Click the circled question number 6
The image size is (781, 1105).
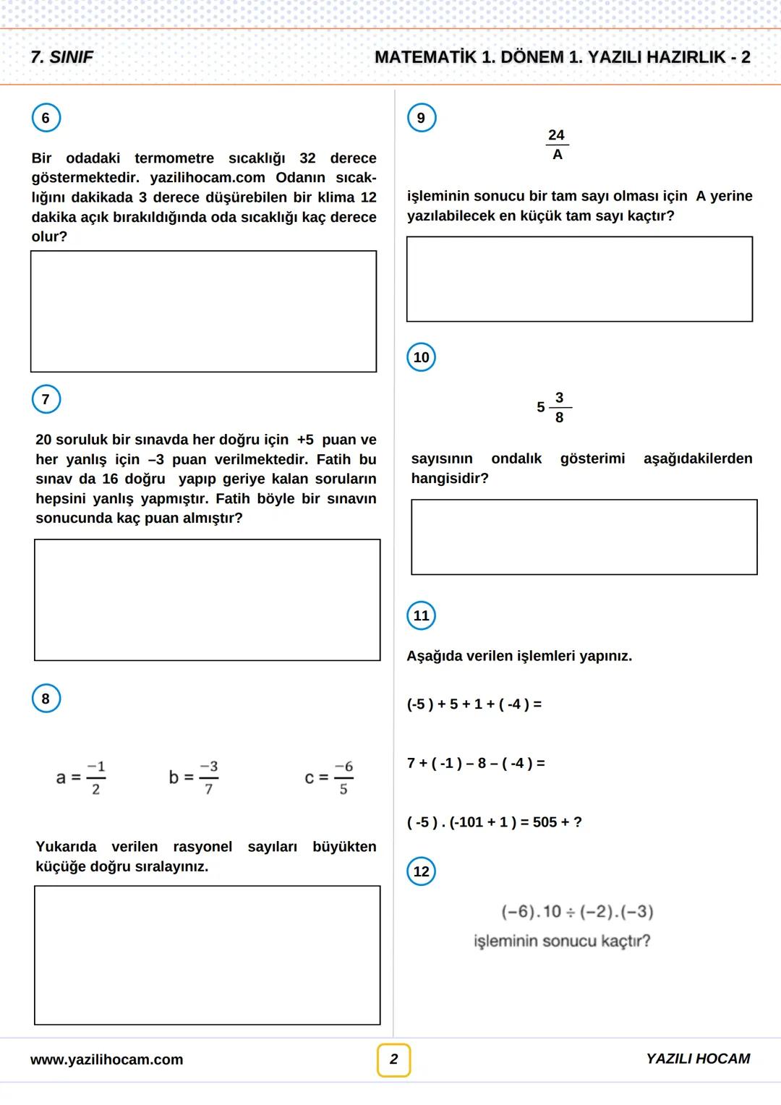[46, 118]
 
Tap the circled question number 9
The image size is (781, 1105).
[422, 118]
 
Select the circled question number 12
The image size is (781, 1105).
[422, 871]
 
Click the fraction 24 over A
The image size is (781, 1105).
[556, 145]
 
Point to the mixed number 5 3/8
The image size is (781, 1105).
[553, 407]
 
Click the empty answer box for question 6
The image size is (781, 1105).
[203, 311]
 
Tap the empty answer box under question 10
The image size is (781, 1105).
[584, 537]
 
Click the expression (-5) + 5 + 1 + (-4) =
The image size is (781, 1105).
[474, 704]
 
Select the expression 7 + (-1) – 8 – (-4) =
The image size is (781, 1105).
[476, 763]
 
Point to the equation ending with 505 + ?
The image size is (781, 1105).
[494, 822]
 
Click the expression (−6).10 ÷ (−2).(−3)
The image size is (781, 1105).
[577, 911]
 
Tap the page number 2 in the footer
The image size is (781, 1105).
[393, 1059]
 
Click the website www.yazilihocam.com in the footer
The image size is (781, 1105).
[106, 1059]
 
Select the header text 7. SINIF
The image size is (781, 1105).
[62, 57]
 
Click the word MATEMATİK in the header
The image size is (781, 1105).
[426, 57]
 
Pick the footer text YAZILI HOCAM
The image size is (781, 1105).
[698, 1059]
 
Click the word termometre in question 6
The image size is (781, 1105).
[174, 158]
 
